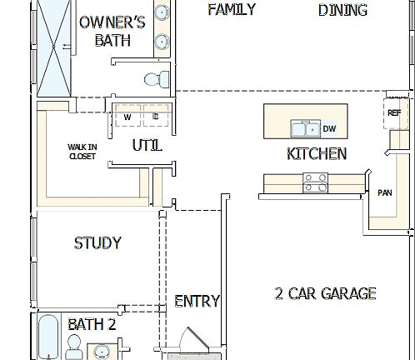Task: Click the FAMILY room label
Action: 231,10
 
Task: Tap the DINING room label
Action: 342,10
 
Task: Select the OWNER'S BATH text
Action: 112,31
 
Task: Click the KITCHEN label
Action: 317,153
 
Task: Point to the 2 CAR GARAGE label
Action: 325,293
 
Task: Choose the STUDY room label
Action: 97,243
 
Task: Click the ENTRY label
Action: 197,301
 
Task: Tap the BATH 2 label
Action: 92,324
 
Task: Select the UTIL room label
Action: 147,146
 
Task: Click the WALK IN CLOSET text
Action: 82,151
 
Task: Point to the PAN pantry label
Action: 384,192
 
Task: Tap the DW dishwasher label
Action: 329,128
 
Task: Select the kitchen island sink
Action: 303,128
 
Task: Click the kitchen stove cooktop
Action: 315,182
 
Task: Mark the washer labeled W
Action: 127,117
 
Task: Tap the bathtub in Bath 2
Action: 47,337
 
